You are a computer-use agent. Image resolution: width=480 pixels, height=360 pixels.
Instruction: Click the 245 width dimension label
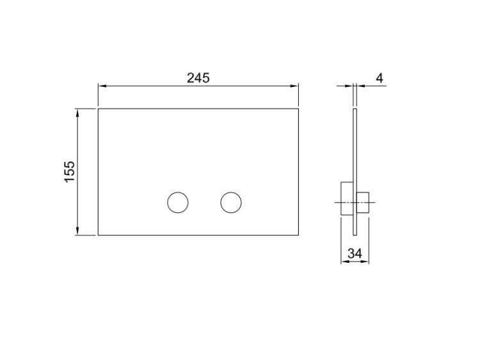(198, 78)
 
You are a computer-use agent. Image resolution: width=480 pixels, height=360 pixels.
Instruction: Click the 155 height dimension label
(70, 171)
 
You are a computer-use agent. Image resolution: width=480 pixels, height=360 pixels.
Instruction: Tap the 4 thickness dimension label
(380, 78)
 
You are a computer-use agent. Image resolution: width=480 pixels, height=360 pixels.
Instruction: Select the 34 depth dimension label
(355, 253)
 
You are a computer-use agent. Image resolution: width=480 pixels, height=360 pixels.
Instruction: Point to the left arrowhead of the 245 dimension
(102, 86)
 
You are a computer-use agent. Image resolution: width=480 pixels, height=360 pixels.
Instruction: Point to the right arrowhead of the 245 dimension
(294, 86)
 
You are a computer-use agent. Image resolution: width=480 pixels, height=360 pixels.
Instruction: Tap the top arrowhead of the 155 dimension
(77, 113)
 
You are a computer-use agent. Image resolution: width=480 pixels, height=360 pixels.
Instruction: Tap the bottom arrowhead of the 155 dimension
(77, 231)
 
